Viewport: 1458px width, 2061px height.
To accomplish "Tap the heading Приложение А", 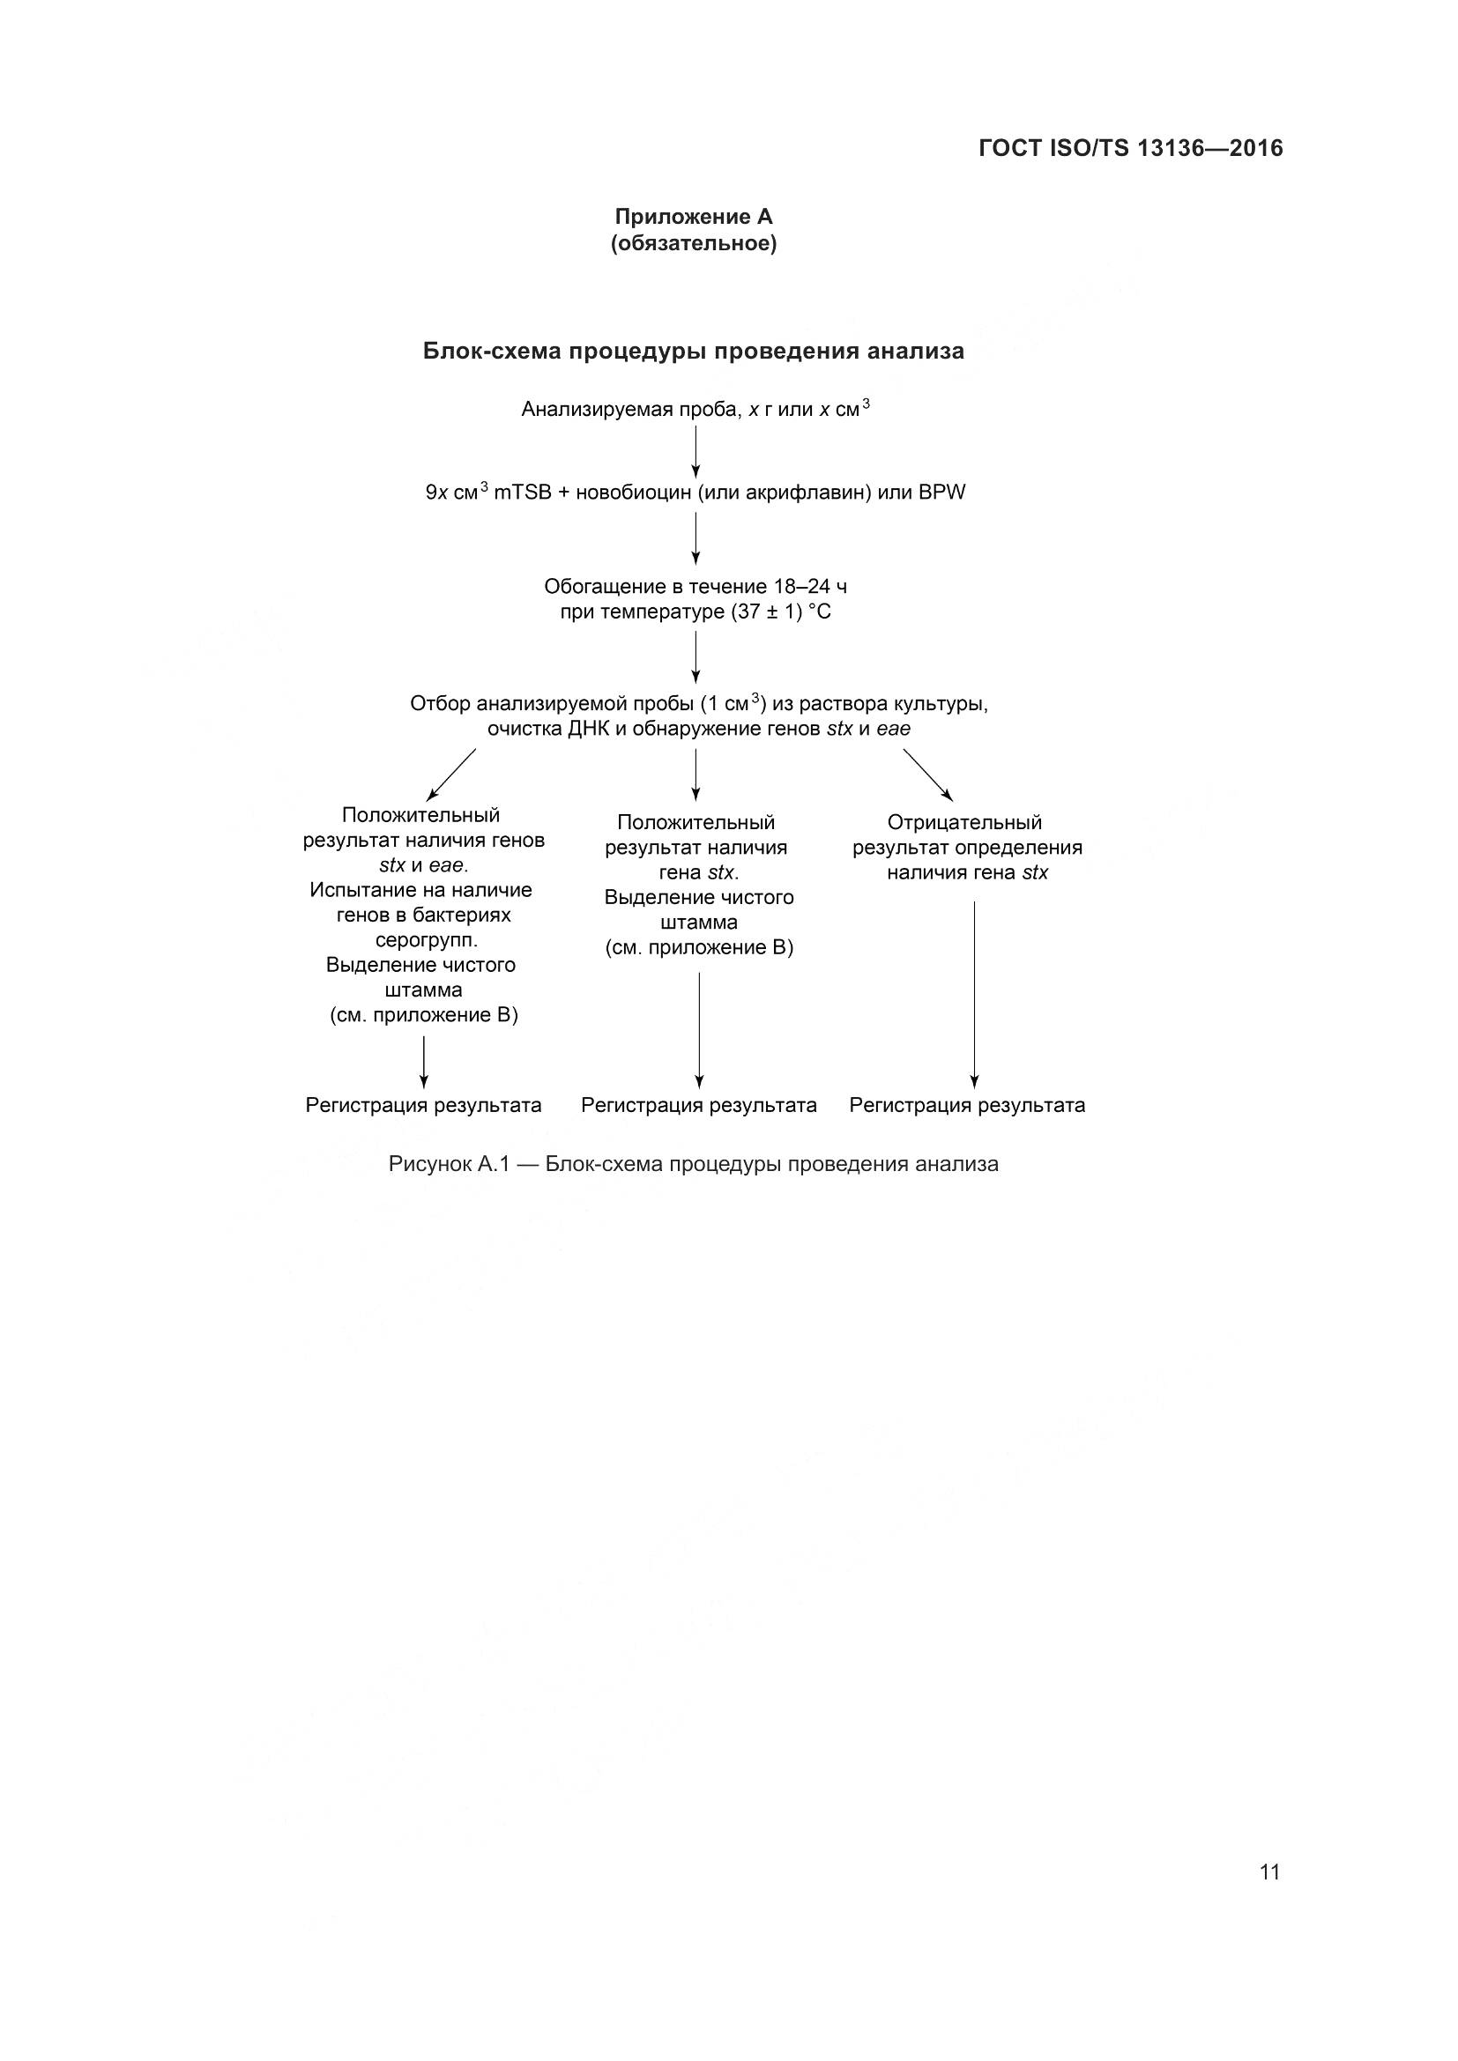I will (x=693, y=218).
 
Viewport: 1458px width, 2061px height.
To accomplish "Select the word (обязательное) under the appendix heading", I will (x=693, y=243).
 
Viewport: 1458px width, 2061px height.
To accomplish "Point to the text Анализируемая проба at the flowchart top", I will (x=623, y=411).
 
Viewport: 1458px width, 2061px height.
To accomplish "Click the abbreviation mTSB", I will (x=523, y=493).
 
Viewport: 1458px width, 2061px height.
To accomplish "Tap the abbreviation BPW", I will (x=941, y=493).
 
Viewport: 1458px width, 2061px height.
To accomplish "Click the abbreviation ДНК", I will (x=588, y=729).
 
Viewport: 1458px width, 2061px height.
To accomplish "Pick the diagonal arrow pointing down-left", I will (x=450, y=774).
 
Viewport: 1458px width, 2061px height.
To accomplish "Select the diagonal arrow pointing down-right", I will (x=927, y=774).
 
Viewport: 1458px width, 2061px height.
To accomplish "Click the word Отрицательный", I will (x=964, y=822).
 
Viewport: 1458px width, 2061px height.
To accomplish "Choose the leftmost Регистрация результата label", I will (x=424, y=1105).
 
